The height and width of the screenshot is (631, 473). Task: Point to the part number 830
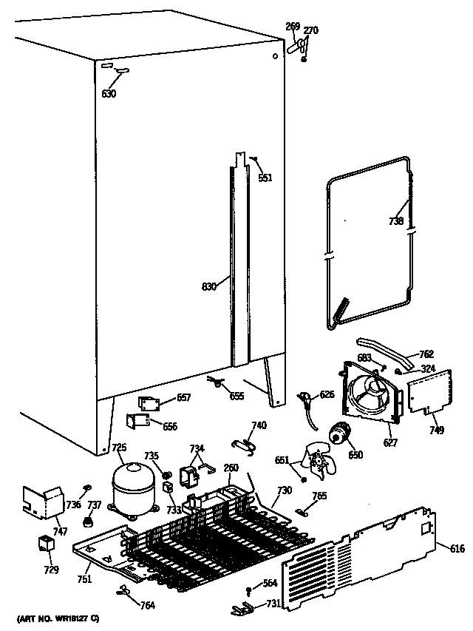click(x=209, y=286)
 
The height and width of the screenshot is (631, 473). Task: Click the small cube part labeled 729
click(x=47, y=544)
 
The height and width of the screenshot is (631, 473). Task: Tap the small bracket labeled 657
click(x=152, y=402)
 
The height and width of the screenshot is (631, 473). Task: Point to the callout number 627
click(x=389, y=443)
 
